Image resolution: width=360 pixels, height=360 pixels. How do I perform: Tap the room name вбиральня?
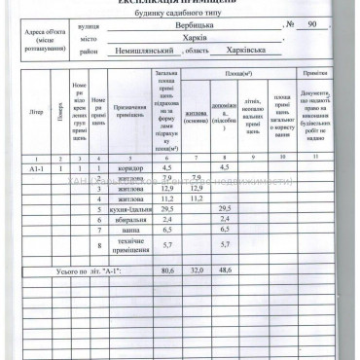point(129,220)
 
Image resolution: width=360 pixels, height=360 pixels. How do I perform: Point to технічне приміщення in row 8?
point(129,244)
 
